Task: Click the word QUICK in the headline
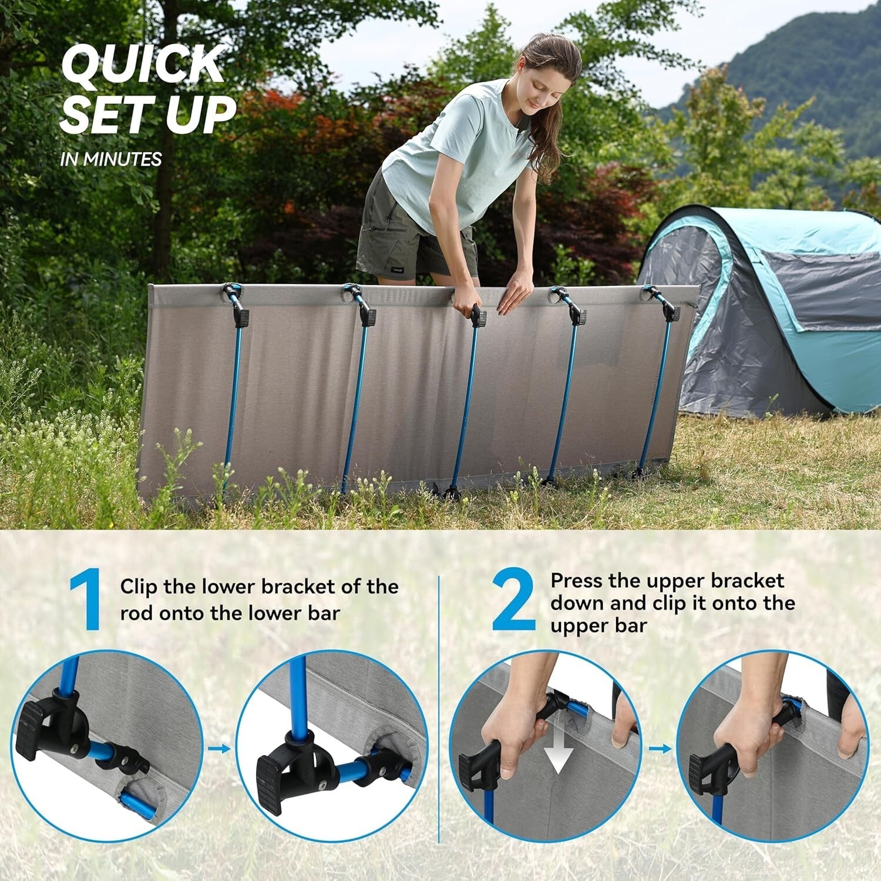[143, 65]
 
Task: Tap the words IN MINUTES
[110, 159]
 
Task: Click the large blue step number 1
[86, 603]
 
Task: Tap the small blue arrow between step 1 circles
[219, 748]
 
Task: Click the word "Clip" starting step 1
[139, 587]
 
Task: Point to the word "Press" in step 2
[577, 581]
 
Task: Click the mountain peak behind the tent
[816, 23]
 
